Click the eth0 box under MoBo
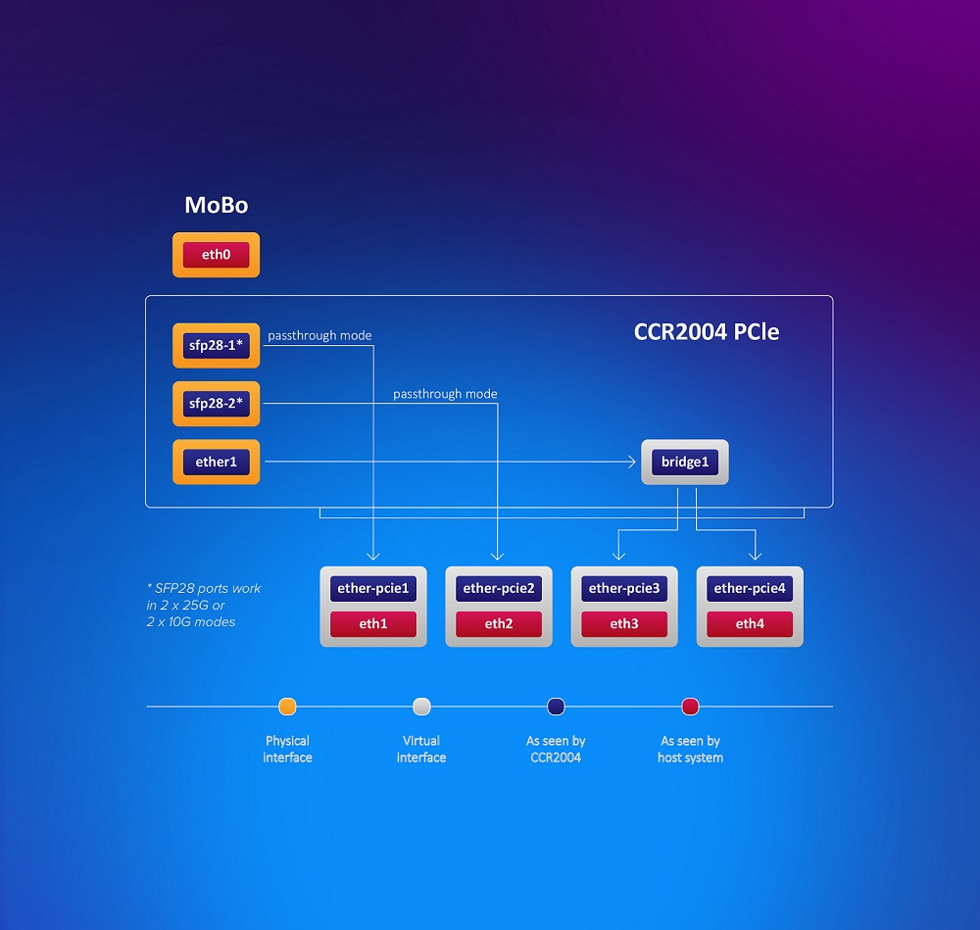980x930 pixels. [x=216, y=255]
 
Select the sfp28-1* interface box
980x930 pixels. [x=216, y=345]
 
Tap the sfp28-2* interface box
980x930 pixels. [x=216, y=403]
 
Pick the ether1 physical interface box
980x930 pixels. [x=216, y=462]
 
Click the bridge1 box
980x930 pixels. [x=685, y=462]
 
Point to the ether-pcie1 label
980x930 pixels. [x=373, y=588]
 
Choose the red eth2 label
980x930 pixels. [x=499, y=623]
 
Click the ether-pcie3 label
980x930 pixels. [x=624, y=588]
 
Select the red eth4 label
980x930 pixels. [x=750, y=623]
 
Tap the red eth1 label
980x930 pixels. [x=373, y=623]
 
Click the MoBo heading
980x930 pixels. [x=217, y=205]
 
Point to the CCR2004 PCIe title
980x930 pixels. [x=707, y=332]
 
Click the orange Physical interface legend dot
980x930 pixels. [x=287, y=707]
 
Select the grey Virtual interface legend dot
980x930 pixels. [x=421, y=707]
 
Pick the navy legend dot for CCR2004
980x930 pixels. [x=556, y=707]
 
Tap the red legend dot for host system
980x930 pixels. [x=690, y=707]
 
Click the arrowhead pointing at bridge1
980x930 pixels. [x=632, y=462]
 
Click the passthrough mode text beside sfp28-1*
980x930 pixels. [x=319, y=335]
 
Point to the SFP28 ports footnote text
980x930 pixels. [x=204, y=605]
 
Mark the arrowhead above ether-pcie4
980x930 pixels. [x=755, y=556]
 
